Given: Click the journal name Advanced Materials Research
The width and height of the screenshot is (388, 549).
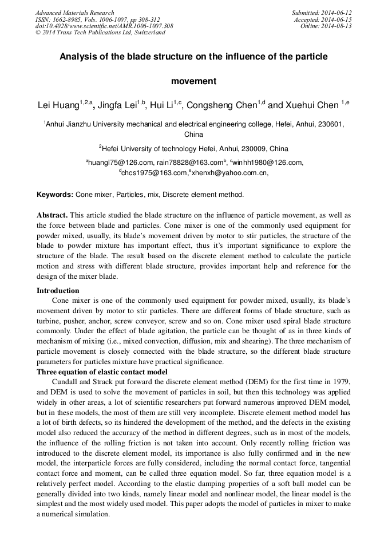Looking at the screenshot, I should click(75, 13).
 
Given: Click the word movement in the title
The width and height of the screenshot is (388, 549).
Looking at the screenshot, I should click(194, 81).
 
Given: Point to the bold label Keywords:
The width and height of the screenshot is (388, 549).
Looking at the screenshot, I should click(55, 195).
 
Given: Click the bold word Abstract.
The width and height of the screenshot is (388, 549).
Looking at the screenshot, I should click(52, 215).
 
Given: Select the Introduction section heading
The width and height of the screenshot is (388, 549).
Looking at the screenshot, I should click(58, 290).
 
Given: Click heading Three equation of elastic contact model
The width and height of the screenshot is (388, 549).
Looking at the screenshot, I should click(101, 372).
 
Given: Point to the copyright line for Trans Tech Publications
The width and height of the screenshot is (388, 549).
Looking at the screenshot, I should click(100, 33).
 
